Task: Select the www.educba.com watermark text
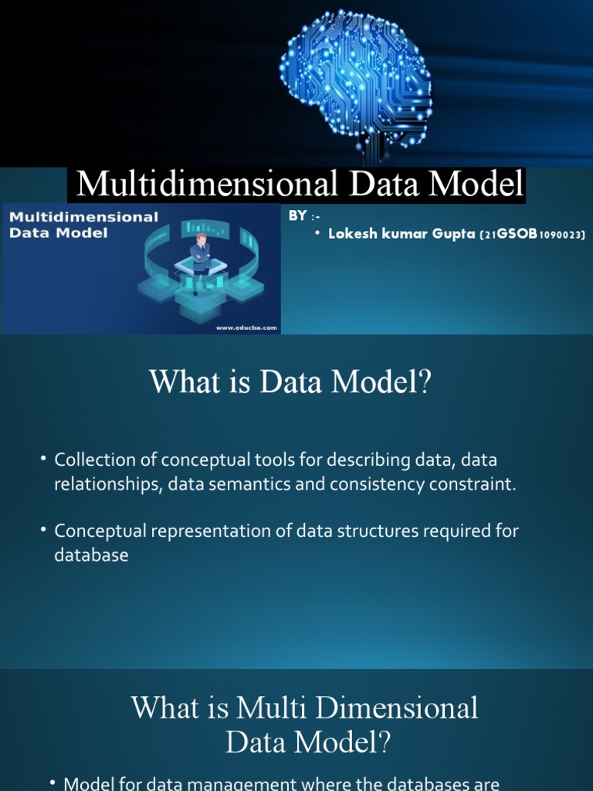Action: point(246,327)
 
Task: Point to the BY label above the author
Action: point(297,216)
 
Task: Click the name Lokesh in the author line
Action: point(352,235)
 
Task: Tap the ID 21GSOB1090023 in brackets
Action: point(533,235)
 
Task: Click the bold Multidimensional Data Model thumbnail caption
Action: point(83,224)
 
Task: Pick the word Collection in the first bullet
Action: point(90,460)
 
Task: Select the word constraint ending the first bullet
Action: point(474,484)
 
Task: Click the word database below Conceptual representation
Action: point(91,555)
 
